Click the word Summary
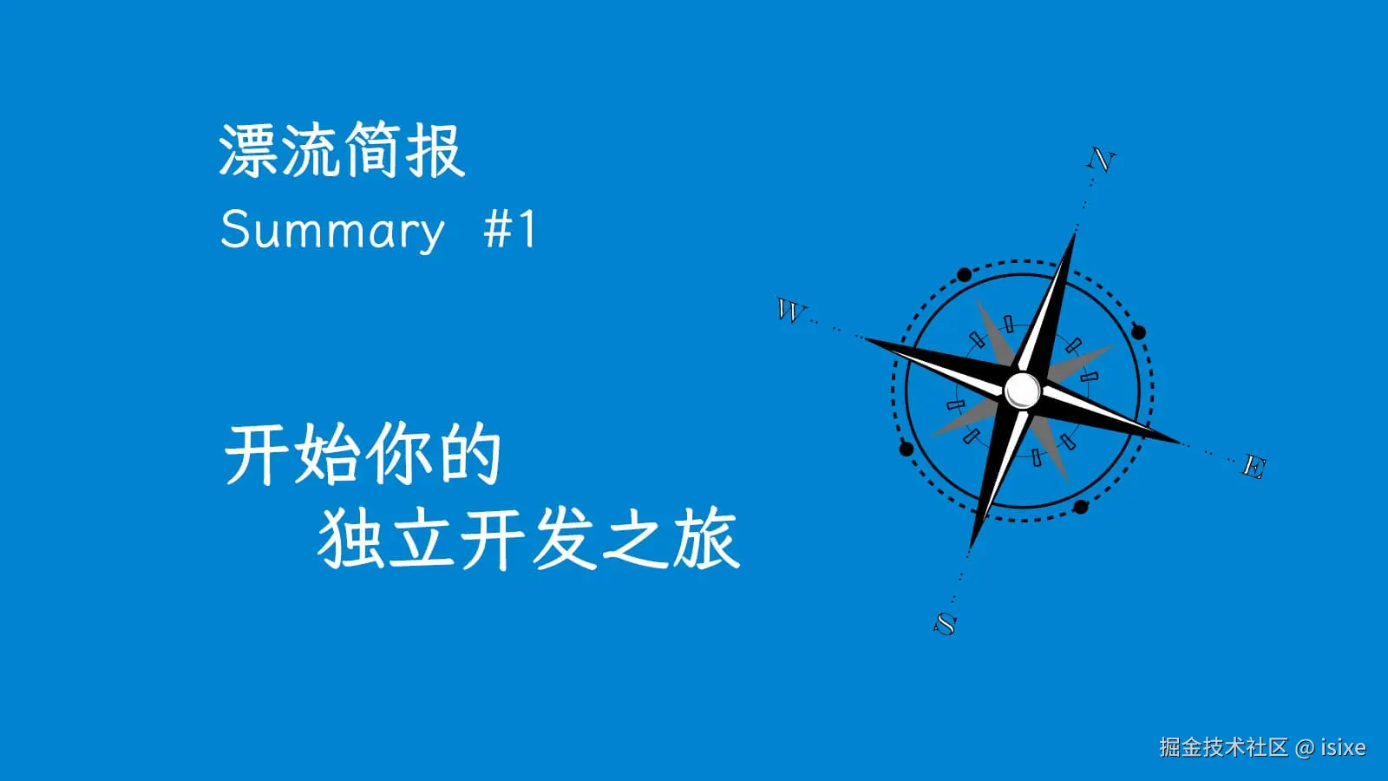pos(331,230)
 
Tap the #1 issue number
pos(510,230)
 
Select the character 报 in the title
pos(435,151)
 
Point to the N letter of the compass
pos(1101,161)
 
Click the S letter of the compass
pos(945,623)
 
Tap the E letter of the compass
pos(1254,467)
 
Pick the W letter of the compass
pos(790,310)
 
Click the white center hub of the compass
pos(1023,390)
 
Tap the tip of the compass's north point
pos(1076,232)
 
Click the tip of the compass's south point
pos(970,548)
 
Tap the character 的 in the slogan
pos(470,455)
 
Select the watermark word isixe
pos(1343,747)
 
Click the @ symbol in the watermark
pos(1304,747)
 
